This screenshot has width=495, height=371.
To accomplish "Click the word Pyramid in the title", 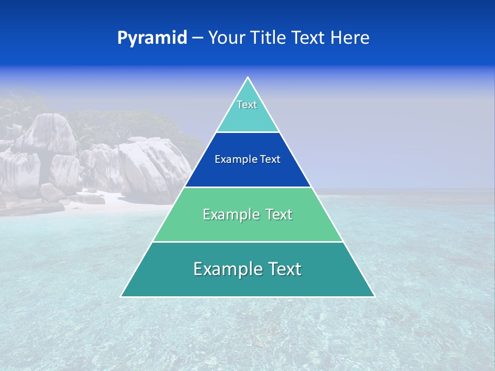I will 152,38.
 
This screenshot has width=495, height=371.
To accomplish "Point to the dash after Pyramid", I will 197,38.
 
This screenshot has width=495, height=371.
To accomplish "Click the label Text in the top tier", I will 247,105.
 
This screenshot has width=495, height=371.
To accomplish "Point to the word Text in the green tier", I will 279,214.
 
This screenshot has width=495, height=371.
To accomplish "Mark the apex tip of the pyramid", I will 248,78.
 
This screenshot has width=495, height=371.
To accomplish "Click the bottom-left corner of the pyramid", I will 122,296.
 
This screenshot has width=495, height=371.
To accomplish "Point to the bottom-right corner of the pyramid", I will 374,296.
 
